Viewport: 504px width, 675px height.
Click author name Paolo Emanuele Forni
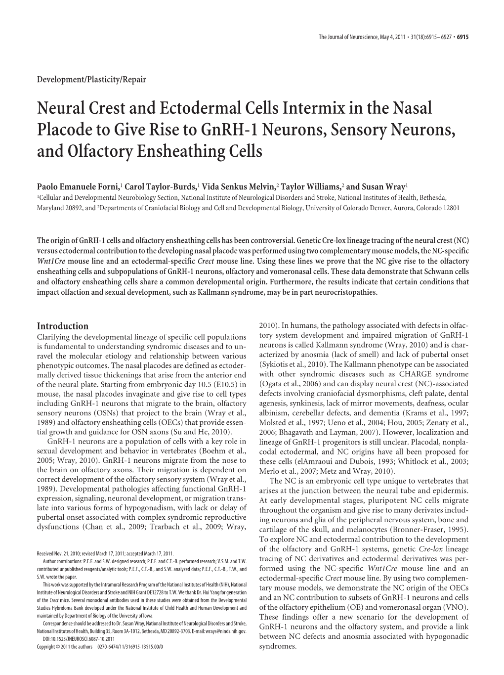pyautogui.click(x=78, y=187)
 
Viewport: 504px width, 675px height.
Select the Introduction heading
pyautogui.click(x=63, y=326)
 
